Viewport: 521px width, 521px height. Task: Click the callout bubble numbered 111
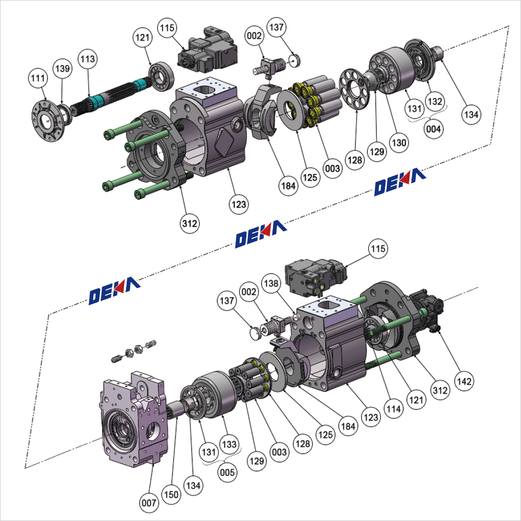pos(38,78)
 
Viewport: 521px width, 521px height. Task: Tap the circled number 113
pos(88,59)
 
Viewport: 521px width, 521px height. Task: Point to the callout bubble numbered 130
pos(401,141)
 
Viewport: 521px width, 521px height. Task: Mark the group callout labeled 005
pos(228,473)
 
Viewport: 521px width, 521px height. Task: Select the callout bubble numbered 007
pos(149,503)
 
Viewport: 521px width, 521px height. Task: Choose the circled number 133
pos(230,444)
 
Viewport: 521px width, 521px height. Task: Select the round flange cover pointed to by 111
pos(48,122)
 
